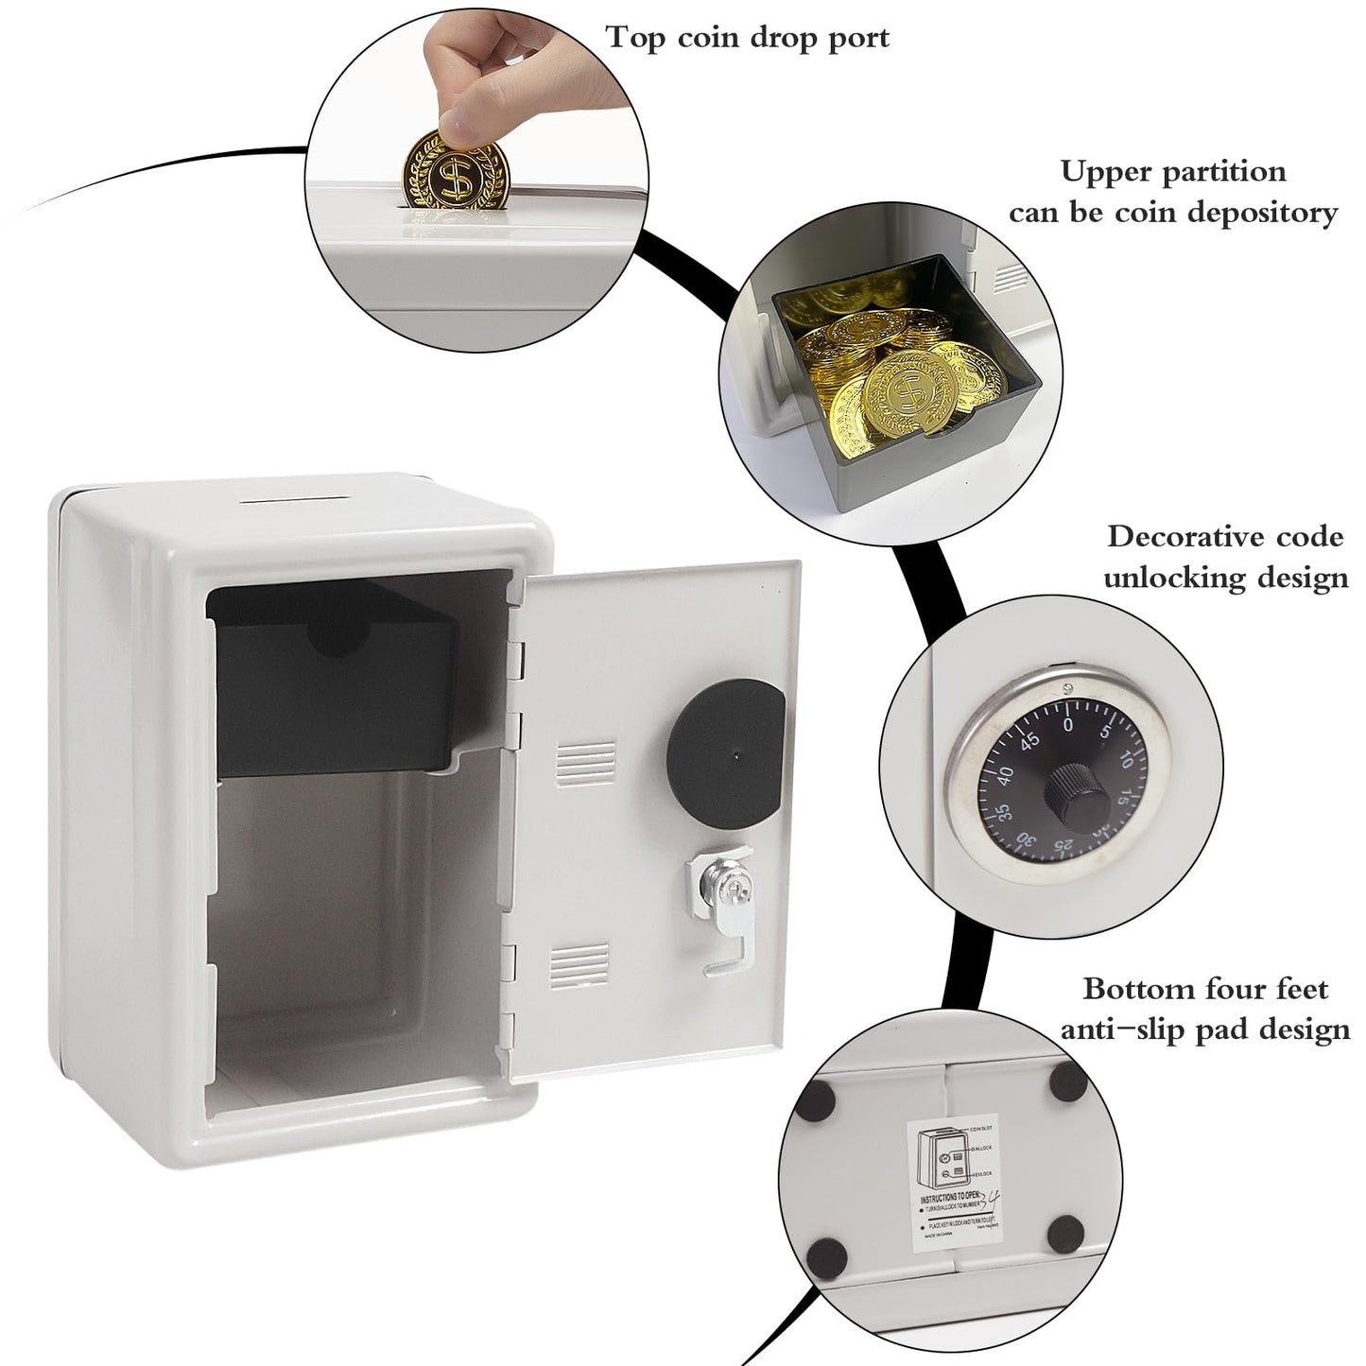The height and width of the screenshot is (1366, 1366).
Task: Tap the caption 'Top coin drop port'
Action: pos(748,38)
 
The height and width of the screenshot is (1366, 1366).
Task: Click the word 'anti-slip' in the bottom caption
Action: pos(1129,1029)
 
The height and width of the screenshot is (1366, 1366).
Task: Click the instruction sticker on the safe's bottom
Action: pos(955,1184)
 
